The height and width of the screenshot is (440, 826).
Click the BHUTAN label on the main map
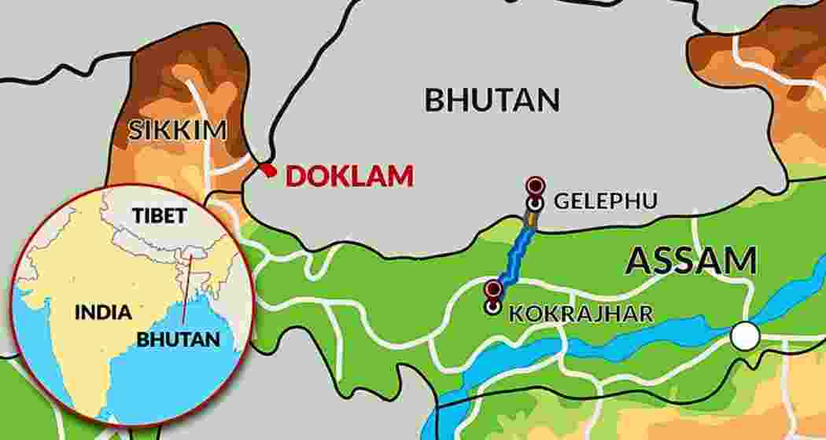pos(492,100)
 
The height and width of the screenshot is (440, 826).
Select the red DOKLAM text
pos(349,176)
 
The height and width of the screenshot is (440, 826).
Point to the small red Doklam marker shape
pos(267,170)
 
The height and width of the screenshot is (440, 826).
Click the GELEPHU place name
pos(605,201)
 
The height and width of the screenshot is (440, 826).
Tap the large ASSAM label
pos(691,261)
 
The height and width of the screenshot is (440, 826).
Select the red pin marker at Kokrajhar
pos(493,288)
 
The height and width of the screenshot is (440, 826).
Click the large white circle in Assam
pos(744,336)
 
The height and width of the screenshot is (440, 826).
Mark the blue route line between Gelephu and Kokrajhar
pos(516,251)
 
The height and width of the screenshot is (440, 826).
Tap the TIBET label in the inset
pos(160,215)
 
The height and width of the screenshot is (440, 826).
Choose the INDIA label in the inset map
pos(103,312)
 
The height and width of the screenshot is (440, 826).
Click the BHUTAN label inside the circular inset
pos(178,339)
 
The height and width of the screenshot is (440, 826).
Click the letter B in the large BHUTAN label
pos(436,100)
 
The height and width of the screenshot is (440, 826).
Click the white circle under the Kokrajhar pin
pos(492,306)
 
